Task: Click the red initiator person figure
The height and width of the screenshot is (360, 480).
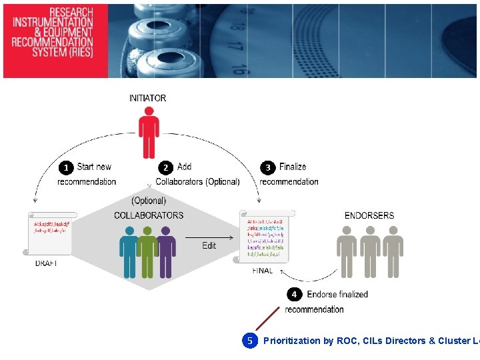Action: (x=148, y=133)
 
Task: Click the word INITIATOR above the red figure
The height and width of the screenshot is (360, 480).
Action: (x=148, y=98)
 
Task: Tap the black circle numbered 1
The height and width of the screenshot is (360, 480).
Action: (x=66, y=167)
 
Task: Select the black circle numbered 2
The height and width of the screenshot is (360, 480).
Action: (x=165, y=167)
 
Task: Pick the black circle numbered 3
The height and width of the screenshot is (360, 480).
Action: (x=269, y=167)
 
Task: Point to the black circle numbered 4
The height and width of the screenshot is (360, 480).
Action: (x=294, y=294)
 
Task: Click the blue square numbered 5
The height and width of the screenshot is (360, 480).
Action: (x=250, y=341)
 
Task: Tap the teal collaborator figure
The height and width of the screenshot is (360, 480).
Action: (x=129, y=252)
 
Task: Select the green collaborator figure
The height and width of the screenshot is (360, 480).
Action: (x=147, y=252)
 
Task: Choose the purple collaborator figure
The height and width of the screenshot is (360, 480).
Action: (x=165, y=252)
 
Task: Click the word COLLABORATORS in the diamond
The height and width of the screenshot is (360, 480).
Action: (x=149, y=215)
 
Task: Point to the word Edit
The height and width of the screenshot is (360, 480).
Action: (x=209, y=246)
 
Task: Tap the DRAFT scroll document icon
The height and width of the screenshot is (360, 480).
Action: (x=51, y=233)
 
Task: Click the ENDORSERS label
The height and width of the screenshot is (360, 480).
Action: (x=369, y=215)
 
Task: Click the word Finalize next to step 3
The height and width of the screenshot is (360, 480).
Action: (x=293, y=167)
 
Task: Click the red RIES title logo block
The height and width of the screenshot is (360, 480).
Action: (x=53, y=40)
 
